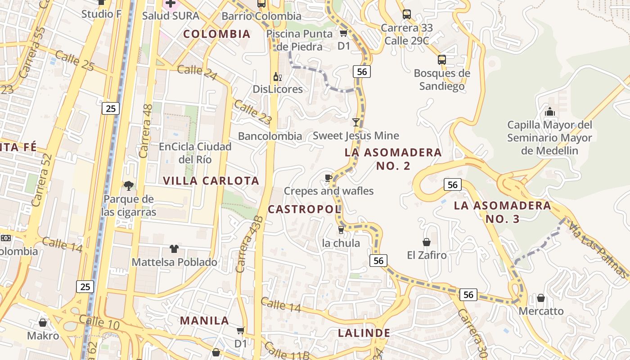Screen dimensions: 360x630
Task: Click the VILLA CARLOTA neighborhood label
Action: pyautogui.click(x=211, y=181)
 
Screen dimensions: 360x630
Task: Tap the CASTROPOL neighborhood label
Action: pyautogui.click(x=305, y=209)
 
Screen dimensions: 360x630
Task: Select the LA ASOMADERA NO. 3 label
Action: pyautogui.click(x=502, y=212)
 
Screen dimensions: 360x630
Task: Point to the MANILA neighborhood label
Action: pyautogui.click(x=205, y=321)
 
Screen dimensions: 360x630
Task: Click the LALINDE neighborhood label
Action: pyautogui.click(x=364, y=333)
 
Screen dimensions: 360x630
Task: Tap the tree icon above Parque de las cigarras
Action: pyautogui.click(x=129, y=185)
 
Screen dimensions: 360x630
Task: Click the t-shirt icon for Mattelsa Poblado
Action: pyautogui.click(x=174, y=249)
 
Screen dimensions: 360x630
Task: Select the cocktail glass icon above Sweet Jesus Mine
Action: pyautogui.click(x=356, y=122)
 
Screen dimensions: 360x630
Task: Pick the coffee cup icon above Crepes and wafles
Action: pyautogui.click(x=328, y=178)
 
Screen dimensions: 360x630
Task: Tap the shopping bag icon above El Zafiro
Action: pyautogui.click(x=427, y=242)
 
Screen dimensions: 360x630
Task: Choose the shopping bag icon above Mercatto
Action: pyautogui.click(x=541, y=298)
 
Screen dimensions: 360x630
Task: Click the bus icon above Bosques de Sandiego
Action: pyautogui.click(x=442, y=59)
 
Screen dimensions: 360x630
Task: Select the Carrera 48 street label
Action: pyautogui.click(x=147, y=131)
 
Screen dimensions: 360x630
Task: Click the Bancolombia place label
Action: pyautogui.click(x=270, y=136)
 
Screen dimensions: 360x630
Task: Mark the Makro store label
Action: pyautogui.click(x=43, y=336)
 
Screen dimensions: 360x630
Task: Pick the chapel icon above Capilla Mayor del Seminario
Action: pyautogui.click(x=549, y=112)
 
